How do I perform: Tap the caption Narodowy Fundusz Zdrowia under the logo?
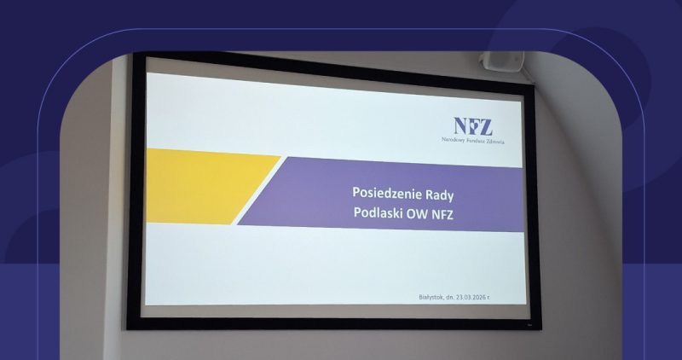coord(472,141)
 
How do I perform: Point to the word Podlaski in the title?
coord(378,212)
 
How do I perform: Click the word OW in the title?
coord(419,212)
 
